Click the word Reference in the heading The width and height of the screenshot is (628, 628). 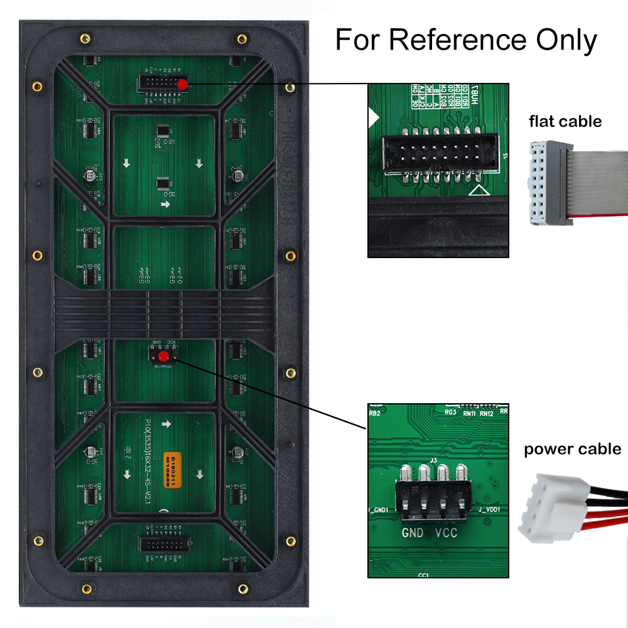[458, 40]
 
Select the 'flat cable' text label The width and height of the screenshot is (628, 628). [565, 121]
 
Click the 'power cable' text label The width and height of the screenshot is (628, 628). [572, 449]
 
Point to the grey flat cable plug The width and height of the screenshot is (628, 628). [544, 183]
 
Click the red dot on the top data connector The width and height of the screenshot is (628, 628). [182, 84]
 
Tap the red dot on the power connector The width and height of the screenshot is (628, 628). [163, 357]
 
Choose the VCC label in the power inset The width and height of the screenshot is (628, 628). [446, 533]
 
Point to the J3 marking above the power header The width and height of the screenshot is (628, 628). [433, 460]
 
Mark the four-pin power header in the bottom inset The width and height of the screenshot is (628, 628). [433, 499]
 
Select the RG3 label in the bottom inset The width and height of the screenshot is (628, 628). [450, 413]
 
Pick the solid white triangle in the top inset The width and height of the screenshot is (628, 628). [373, 116]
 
